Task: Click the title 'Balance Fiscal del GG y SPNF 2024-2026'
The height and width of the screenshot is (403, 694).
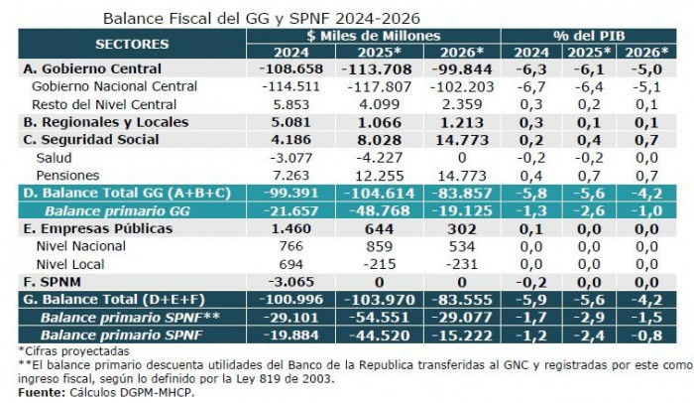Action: (x=262, y=19)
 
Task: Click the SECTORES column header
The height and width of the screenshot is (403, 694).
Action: (x=132, y=45)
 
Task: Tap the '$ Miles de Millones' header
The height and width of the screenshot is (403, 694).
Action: (x=374, y=36)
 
